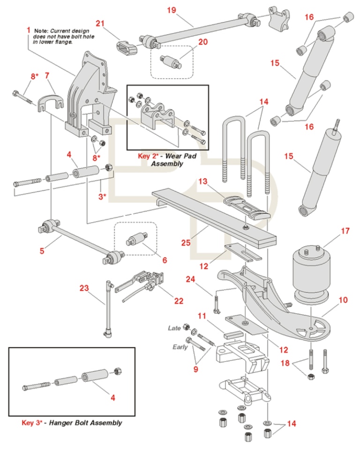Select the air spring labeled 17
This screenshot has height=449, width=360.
tap(311, 273)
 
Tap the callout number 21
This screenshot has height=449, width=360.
tap(100, 23)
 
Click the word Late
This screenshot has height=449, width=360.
tap(174, 328)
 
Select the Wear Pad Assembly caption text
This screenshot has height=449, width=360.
tap(160, 160)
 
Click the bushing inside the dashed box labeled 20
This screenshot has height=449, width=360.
tap(172, 61)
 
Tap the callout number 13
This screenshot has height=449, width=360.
tap(202, 181)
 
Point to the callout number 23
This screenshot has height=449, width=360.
tap(84, 289)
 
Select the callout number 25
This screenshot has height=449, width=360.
tap(186, 243)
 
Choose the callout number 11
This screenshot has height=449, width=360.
tap(202, 316)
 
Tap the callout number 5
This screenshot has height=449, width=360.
tap(42, 251)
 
